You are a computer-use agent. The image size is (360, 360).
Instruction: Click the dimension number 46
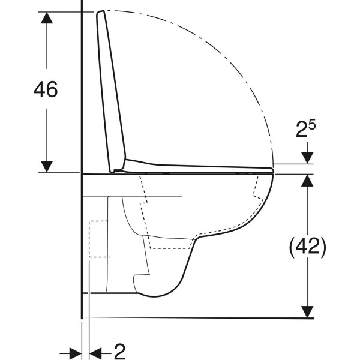46,89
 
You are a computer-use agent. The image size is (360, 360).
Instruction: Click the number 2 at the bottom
120,352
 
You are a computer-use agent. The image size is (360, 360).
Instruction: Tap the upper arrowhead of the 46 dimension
47,17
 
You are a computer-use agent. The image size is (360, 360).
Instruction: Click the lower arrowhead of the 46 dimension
47,166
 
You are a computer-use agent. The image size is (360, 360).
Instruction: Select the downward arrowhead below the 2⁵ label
307,158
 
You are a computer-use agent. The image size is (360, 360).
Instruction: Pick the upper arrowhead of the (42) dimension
307,180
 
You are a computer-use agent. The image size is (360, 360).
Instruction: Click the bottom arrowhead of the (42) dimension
307,312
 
